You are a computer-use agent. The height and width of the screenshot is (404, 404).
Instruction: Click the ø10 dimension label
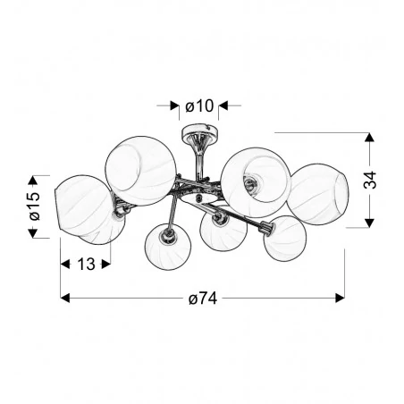(x=199, y=106)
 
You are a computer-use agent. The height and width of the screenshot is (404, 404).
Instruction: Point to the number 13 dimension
(x=86, y=265)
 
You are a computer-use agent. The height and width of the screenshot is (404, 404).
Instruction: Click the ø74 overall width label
(x=202, y=298)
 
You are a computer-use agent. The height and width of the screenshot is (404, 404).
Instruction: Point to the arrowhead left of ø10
(x=174, y=106)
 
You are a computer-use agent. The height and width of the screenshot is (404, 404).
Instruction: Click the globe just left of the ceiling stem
(x=140, y=169)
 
